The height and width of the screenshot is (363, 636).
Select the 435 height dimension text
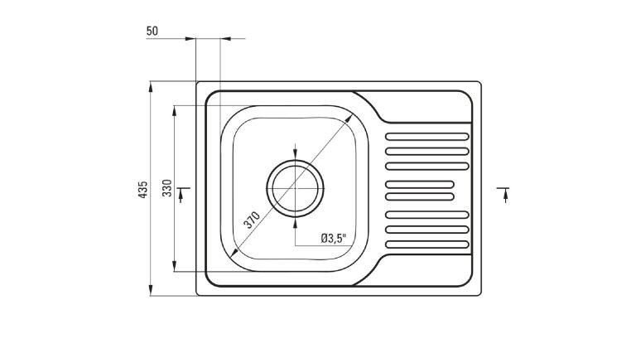143,189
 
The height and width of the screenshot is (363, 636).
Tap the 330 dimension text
166,189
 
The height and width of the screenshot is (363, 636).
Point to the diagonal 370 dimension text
252,220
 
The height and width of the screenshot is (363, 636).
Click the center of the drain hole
294,188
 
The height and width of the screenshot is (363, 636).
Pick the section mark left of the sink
182,195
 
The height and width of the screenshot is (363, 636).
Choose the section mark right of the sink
503,195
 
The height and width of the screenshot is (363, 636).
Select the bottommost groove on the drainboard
428,244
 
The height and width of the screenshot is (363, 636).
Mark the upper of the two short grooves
420,182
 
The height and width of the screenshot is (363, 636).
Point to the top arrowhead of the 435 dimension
151,85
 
